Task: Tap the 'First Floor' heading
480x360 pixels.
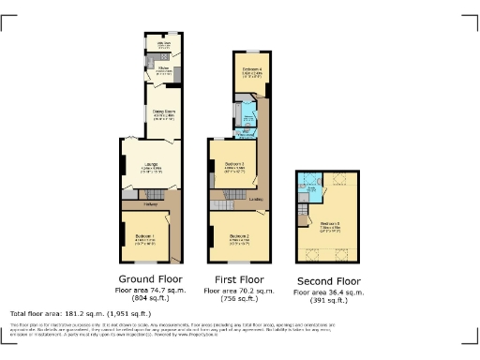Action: [237, 279]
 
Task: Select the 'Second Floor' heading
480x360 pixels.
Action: [328, 281]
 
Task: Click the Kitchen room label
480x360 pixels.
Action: [163, 68]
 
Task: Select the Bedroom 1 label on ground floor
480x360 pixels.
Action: [143, 235]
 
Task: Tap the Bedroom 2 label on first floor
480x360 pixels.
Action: [240, 235]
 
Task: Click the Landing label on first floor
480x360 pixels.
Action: [254, 198]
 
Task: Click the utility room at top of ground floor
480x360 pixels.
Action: [163, 46]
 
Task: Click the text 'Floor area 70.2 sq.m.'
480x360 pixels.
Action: [237, 292]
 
